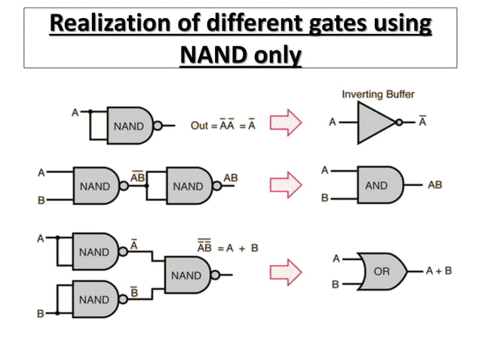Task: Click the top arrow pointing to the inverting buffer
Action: [285, 124]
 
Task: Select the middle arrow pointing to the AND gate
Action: [285, 185]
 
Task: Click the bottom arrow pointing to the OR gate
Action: [285, 270]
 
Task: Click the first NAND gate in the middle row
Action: [96, 185]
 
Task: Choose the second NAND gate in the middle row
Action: [188, 185]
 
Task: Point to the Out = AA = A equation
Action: [223, 126]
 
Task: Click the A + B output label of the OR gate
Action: [437, 270]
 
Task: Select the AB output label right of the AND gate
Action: [435, 185]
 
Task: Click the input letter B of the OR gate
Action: [336, 285]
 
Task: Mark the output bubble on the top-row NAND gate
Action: [157, 125]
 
